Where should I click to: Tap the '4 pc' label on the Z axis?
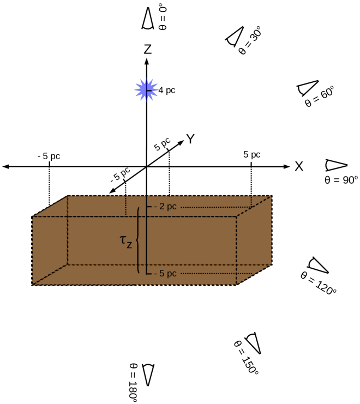pos(167,91)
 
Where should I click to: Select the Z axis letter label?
pos(147,49)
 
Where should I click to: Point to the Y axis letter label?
pos(190,139)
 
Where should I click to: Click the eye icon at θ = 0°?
pos(147,19)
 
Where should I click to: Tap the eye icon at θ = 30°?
pos(234,36)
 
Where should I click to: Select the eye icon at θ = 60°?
pos(307,88)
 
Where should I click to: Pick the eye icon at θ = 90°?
pos(335,165)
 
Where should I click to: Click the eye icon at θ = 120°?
pos(319,264)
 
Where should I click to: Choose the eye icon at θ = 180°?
pos(148,374)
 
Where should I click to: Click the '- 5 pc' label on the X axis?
pos(49,156)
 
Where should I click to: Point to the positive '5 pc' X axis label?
pos(251,155)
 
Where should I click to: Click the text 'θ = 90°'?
pos(340,179)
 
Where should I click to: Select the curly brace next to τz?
pos(139,240)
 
